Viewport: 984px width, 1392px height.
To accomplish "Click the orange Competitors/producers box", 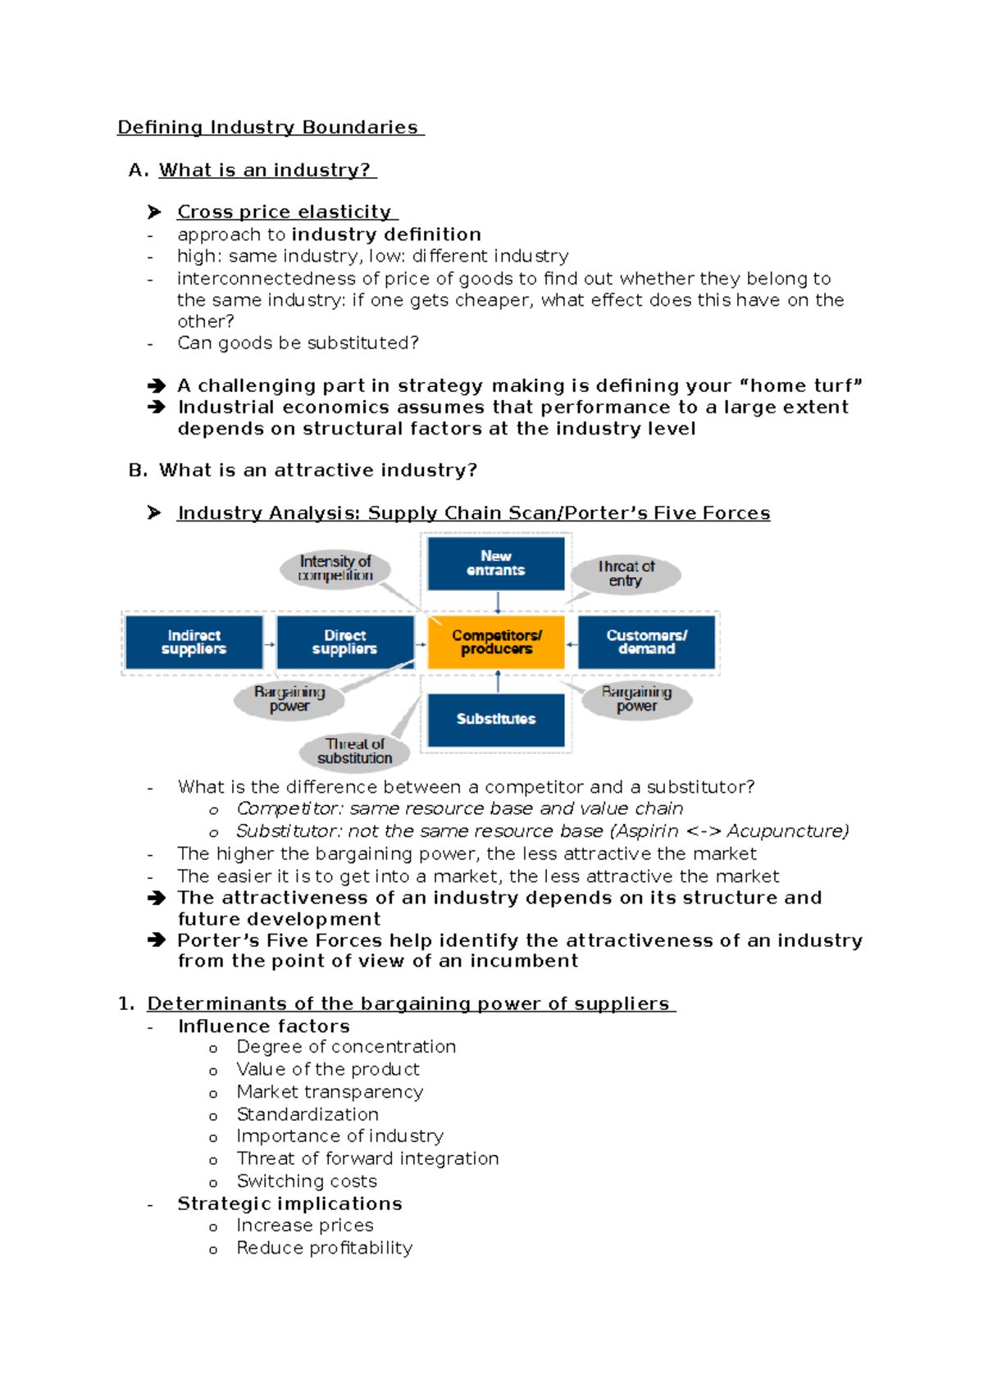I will click(x=496, y=642).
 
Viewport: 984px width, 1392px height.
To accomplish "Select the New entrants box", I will click(x=496, y=563).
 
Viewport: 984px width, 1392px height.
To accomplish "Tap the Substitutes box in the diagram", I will click(x=496, y=719).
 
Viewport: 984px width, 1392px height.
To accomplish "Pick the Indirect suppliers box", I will click(x=194, y=642).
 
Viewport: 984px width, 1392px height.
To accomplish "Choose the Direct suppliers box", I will click(x=344, y=642).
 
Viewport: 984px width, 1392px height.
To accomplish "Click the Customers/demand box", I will click(x=647, y=642).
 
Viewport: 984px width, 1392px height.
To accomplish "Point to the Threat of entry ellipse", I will click(x=626, y=574).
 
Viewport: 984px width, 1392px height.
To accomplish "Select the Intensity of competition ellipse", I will click(x=335, y=568).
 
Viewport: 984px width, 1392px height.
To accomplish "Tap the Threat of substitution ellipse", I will click(x=355, y=751).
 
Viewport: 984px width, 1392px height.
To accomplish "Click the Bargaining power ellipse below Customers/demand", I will click(x=637, y=699).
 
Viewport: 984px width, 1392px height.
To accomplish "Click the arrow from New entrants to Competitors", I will click(x=498, y=603).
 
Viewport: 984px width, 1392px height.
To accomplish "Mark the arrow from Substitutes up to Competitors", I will click(x=498, y=681).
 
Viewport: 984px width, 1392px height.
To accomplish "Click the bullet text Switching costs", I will click(x=307, y=1180).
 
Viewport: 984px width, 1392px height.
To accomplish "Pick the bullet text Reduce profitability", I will click(x=324, y=1248).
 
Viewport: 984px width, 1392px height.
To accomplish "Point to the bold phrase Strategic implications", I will click(x=289, y=1203).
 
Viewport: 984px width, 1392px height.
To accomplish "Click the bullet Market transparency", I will click(x=330, y=1092).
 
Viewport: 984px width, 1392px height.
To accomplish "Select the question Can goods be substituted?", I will click(x=298, y=343).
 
